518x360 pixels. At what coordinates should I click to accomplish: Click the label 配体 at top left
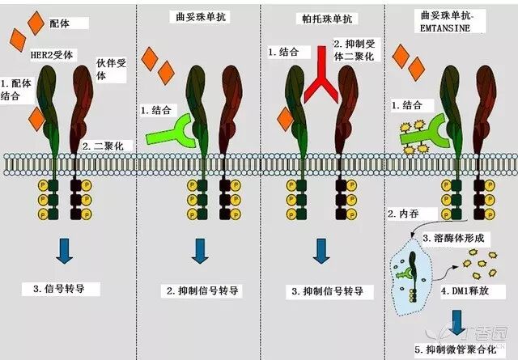click(59, 23)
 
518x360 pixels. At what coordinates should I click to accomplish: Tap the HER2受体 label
click(52, 54)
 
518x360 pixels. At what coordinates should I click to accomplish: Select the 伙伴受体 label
click(112, 70)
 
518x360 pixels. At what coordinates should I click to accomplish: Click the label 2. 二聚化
click(103, 146)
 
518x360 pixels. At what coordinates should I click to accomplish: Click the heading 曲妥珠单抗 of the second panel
click(201, 16)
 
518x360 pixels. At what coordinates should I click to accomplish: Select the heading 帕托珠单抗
click(327, 19)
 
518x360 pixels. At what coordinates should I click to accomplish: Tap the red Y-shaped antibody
click(321, 74)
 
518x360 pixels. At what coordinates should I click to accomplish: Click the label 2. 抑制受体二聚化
click(355, 50)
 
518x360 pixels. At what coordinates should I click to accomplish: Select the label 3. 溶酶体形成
click(453, 238)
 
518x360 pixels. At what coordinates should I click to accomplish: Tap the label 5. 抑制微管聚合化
click(456, 349)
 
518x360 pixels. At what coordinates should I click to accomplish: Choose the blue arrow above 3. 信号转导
click(65, 251)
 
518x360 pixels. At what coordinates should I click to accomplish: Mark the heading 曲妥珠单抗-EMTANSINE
click(448, 22)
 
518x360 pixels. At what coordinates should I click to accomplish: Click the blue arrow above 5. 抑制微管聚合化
click(456, 322)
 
